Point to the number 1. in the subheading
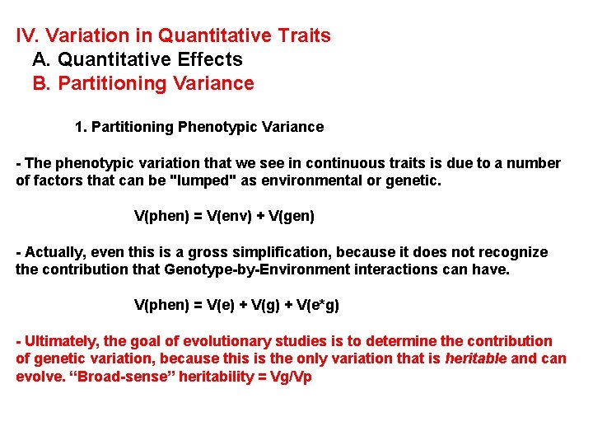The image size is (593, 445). tap(80, 127)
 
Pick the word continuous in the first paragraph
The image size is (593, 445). tap(302, 163)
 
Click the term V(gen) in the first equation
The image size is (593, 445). tap(287, 216)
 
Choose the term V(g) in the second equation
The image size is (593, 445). tap(259, 305)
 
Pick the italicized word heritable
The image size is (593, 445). tap(476, 358)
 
